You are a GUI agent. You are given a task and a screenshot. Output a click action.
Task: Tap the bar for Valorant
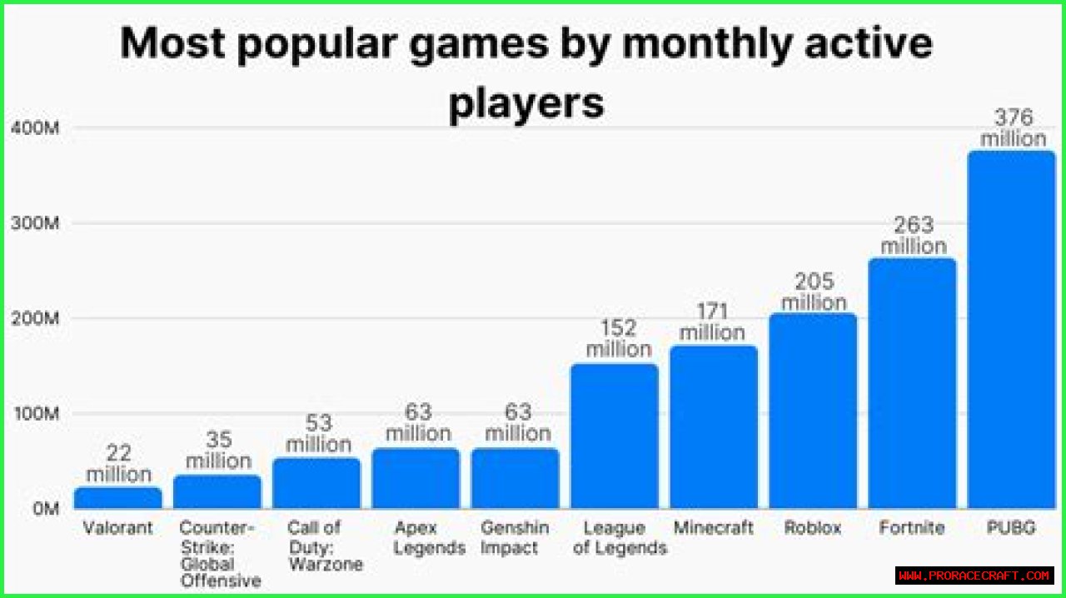click(x=117, y=497)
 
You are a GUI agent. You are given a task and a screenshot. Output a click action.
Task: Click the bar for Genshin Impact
click(x=515, y=478)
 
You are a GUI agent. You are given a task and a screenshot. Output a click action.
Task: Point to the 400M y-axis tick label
click(x=34, y=129)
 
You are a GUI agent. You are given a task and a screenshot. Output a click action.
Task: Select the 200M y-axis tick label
click(x=34, y=319)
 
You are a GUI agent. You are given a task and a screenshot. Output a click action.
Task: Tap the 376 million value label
click(x=1013, y=127)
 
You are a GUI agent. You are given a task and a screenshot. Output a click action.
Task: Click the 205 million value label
click(x=814, y=292)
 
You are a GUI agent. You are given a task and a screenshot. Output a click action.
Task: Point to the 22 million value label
click(x=119, y=464)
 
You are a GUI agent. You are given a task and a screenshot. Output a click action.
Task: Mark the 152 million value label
click(x=618, y=338)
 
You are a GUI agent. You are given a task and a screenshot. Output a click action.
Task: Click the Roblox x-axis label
click(x=813, y=528)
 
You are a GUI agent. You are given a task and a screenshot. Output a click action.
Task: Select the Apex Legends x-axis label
click(x=428, y=538)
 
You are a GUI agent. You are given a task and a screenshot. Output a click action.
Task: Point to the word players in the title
click(x=526, y=104)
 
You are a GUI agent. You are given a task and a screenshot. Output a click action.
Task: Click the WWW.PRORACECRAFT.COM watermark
click(x=974, y=576)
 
